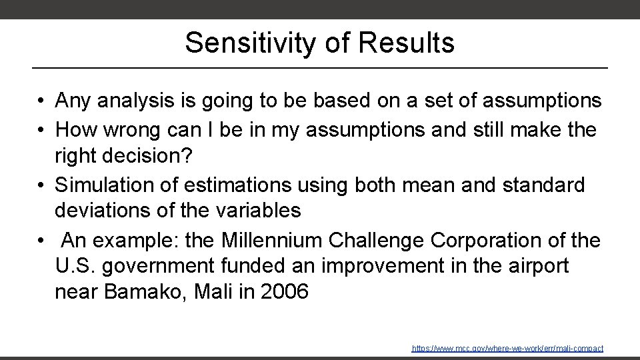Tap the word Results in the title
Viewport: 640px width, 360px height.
[406, 43]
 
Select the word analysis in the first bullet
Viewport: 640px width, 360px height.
[143, 101]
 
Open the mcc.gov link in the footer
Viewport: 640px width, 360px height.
[507, 349]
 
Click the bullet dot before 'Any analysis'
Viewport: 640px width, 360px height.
[41, 102]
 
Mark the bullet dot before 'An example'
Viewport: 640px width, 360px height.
[41, 239]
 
